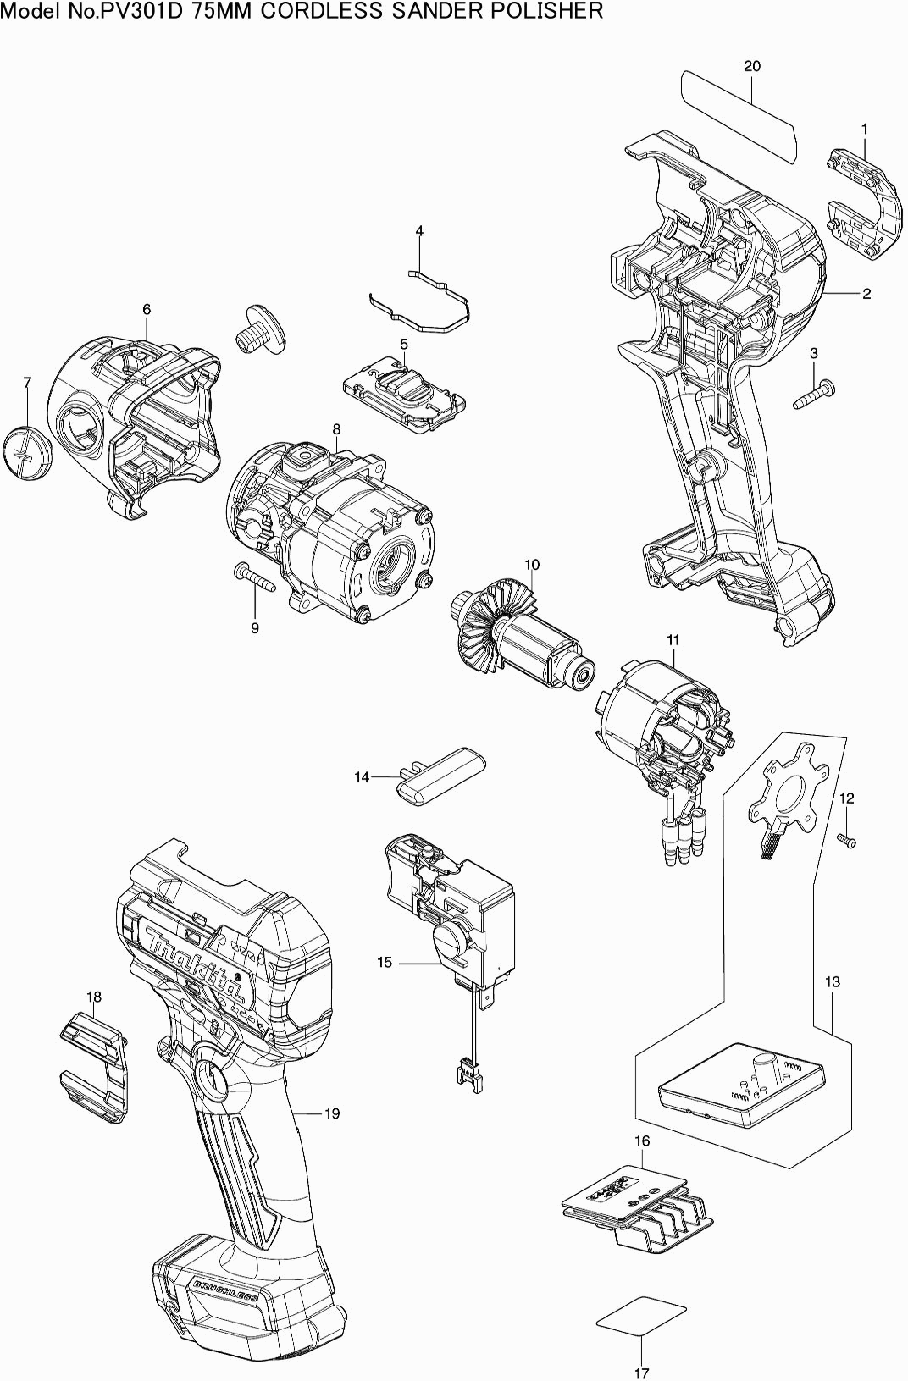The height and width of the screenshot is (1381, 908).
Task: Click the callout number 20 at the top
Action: click(x=752, y=66)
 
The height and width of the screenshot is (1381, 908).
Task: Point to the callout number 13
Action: click(x=832, y=981)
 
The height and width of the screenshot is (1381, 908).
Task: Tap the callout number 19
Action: click(x=332, y=1113)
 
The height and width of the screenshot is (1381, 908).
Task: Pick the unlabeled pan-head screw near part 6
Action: click(x=261, y=328)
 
